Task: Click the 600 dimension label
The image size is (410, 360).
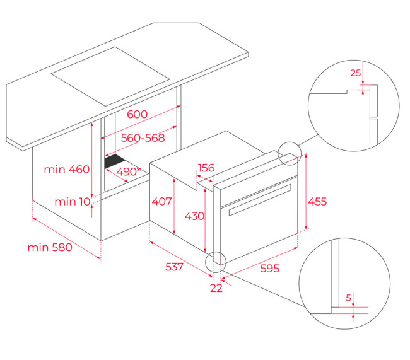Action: click(x=138, y=114)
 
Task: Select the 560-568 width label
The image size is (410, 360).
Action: click(x=143, y=138)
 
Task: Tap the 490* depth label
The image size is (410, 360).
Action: click(x=129, y=171)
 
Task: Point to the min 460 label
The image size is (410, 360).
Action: click(x=67, y=170)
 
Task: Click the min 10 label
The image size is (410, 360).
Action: click(x=73, y=202)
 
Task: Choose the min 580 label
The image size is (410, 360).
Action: click(x=50, y=247)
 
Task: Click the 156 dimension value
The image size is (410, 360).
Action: click(x=206, y=168)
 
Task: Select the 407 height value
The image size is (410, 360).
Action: click(x=162, y=201)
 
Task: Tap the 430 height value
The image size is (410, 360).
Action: click(x=194, y=216)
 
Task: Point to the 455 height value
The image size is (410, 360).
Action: click(x=317, y=202)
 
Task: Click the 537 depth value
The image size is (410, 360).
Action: click(x=174, y=267)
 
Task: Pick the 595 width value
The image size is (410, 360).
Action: click(x=270, y=268)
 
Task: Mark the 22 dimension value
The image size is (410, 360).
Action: click(x=216, y=288)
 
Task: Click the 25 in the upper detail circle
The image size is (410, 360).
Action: click(x=356, y=73)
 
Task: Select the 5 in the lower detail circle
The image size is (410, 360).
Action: click(x=349, y=298)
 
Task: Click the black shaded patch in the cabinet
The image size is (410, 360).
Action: click(x=114, y=161)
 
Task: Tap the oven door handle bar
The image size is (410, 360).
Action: click(x=260, y=200)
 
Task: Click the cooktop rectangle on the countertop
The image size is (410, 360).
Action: click(x=110, y=76)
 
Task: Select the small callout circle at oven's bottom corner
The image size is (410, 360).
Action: click(x=206, y=262)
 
